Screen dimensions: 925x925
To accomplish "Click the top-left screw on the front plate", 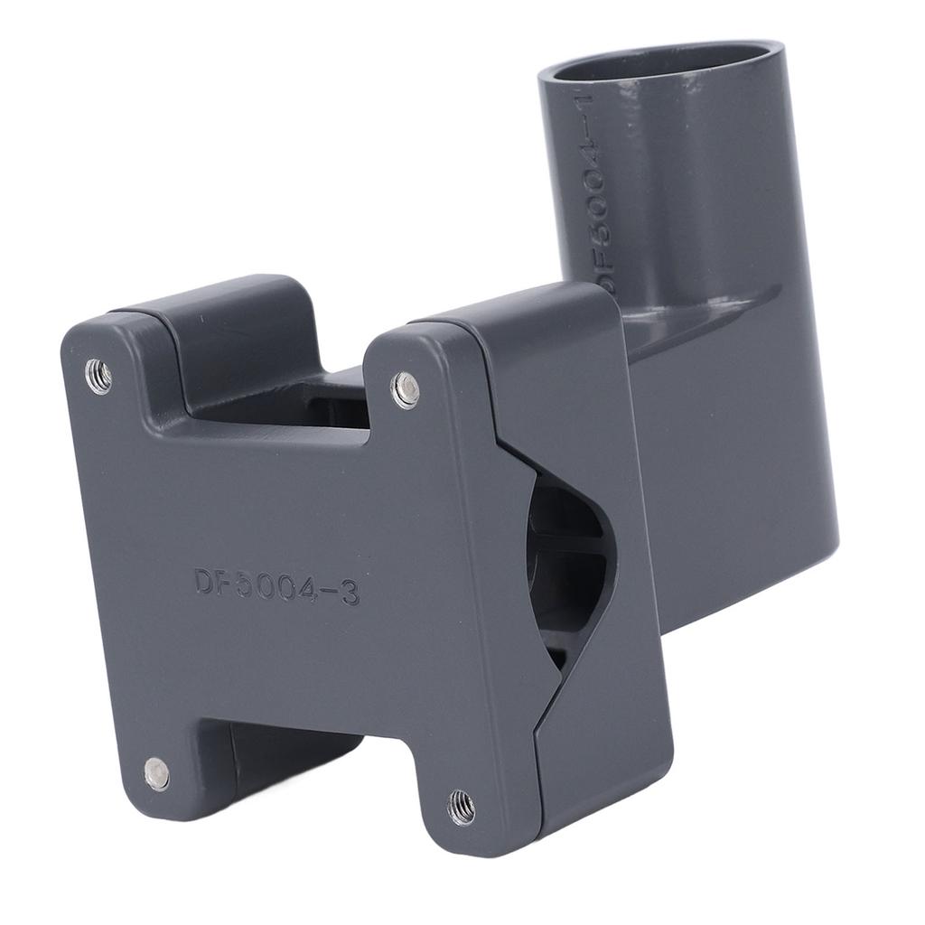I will [98, 376].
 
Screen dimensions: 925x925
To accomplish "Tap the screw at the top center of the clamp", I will [405, 390].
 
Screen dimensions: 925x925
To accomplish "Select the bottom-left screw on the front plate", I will [156, 773].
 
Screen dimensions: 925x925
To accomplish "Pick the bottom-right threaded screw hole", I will [462, 807].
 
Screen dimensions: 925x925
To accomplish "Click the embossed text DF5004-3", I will [276, 585].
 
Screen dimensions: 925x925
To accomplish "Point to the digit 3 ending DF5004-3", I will [349, 593].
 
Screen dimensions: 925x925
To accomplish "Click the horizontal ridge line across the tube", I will [705, 307].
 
